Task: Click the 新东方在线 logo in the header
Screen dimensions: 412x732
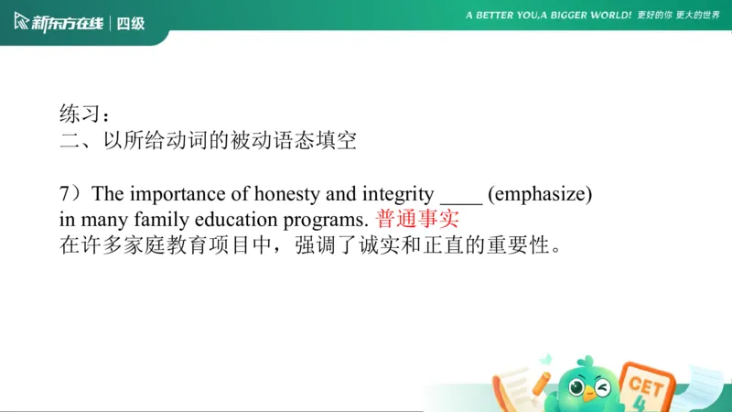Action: [57, 23]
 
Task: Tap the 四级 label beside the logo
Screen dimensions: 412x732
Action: [131, 23]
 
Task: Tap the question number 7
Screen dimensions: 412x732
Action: [65, 194]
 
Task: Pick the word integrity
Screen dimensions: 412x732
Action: [396, 194]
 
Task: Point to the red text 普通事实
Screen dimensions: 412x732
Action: [416, 220]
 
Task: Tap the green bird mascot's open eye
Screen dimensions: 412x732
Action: [577, 387]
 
